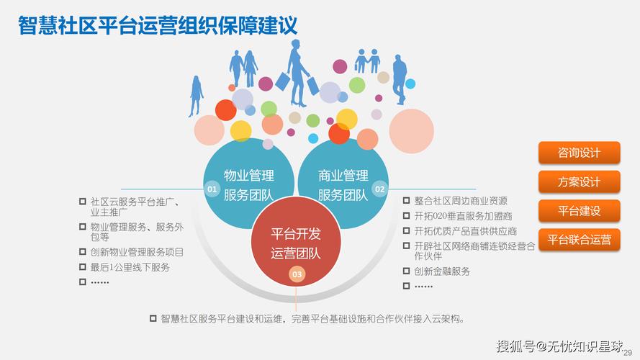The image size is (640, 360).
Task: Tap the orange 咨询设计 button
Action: (x=579, y=153)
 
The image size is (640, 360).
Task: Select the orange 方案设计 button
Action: (x=579, y=182)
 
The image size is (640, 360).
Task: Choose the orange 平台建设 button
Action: (x=579, y=211)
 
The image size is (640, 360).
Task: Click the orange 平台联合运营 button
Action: (x=579, y=240)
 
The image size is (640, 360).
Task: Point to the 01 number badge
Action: (x=212, y=189)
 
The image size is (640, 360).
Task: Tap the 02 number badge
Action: (x=379, y=189)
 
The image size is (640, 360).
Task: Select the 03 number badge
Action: (x=297, y=274)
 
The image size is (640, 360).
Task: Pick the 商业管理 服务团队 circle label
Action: (x=343, y=185)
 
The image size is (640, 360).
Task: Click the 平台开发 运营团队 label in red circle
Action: (x=296, y=243)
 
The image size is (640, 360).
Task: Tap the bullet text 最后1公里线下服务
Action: (x=130, y=267)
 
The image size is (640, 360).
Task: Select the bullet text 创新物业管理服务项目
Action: (x=137, y=252)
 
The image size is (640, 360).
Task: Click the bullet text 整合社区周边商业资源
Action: (x=461, y=201)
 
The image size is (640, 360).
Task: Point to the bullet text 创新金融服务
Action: (x=442, y=271)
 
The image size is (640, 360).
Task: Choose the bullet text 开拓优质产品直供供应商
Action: (x=466, y=231)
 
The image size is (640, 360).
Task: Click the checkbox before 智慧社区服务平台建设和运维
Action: (x=153, y=318)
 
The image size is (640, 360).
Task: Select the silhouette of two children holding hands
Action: (x=367, y=61)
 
